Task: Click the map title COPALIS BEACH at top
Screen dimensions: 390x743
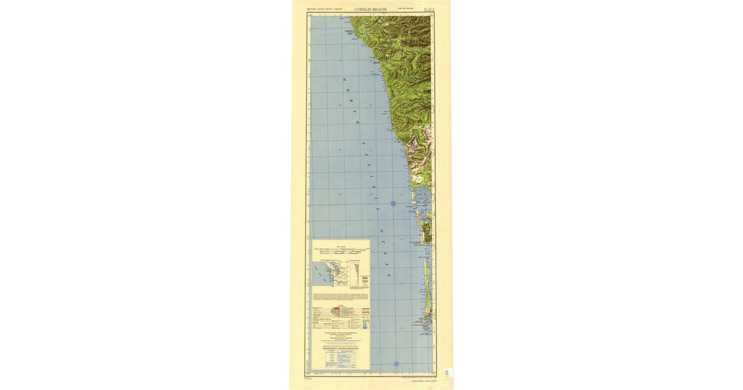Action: pos(371,10)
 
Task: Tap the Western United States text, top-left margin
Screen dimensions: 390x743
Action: pos(324,10)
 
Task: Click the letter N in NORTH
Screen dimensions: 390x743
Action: pos(344,80)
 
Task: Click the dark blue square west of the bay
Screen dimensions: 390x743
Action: pos(393,203)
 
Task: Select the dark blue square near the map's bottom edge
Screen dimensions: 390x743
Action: pos(396,363)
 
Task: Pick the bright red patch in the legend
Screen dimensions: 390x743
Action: pos(336,308)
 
